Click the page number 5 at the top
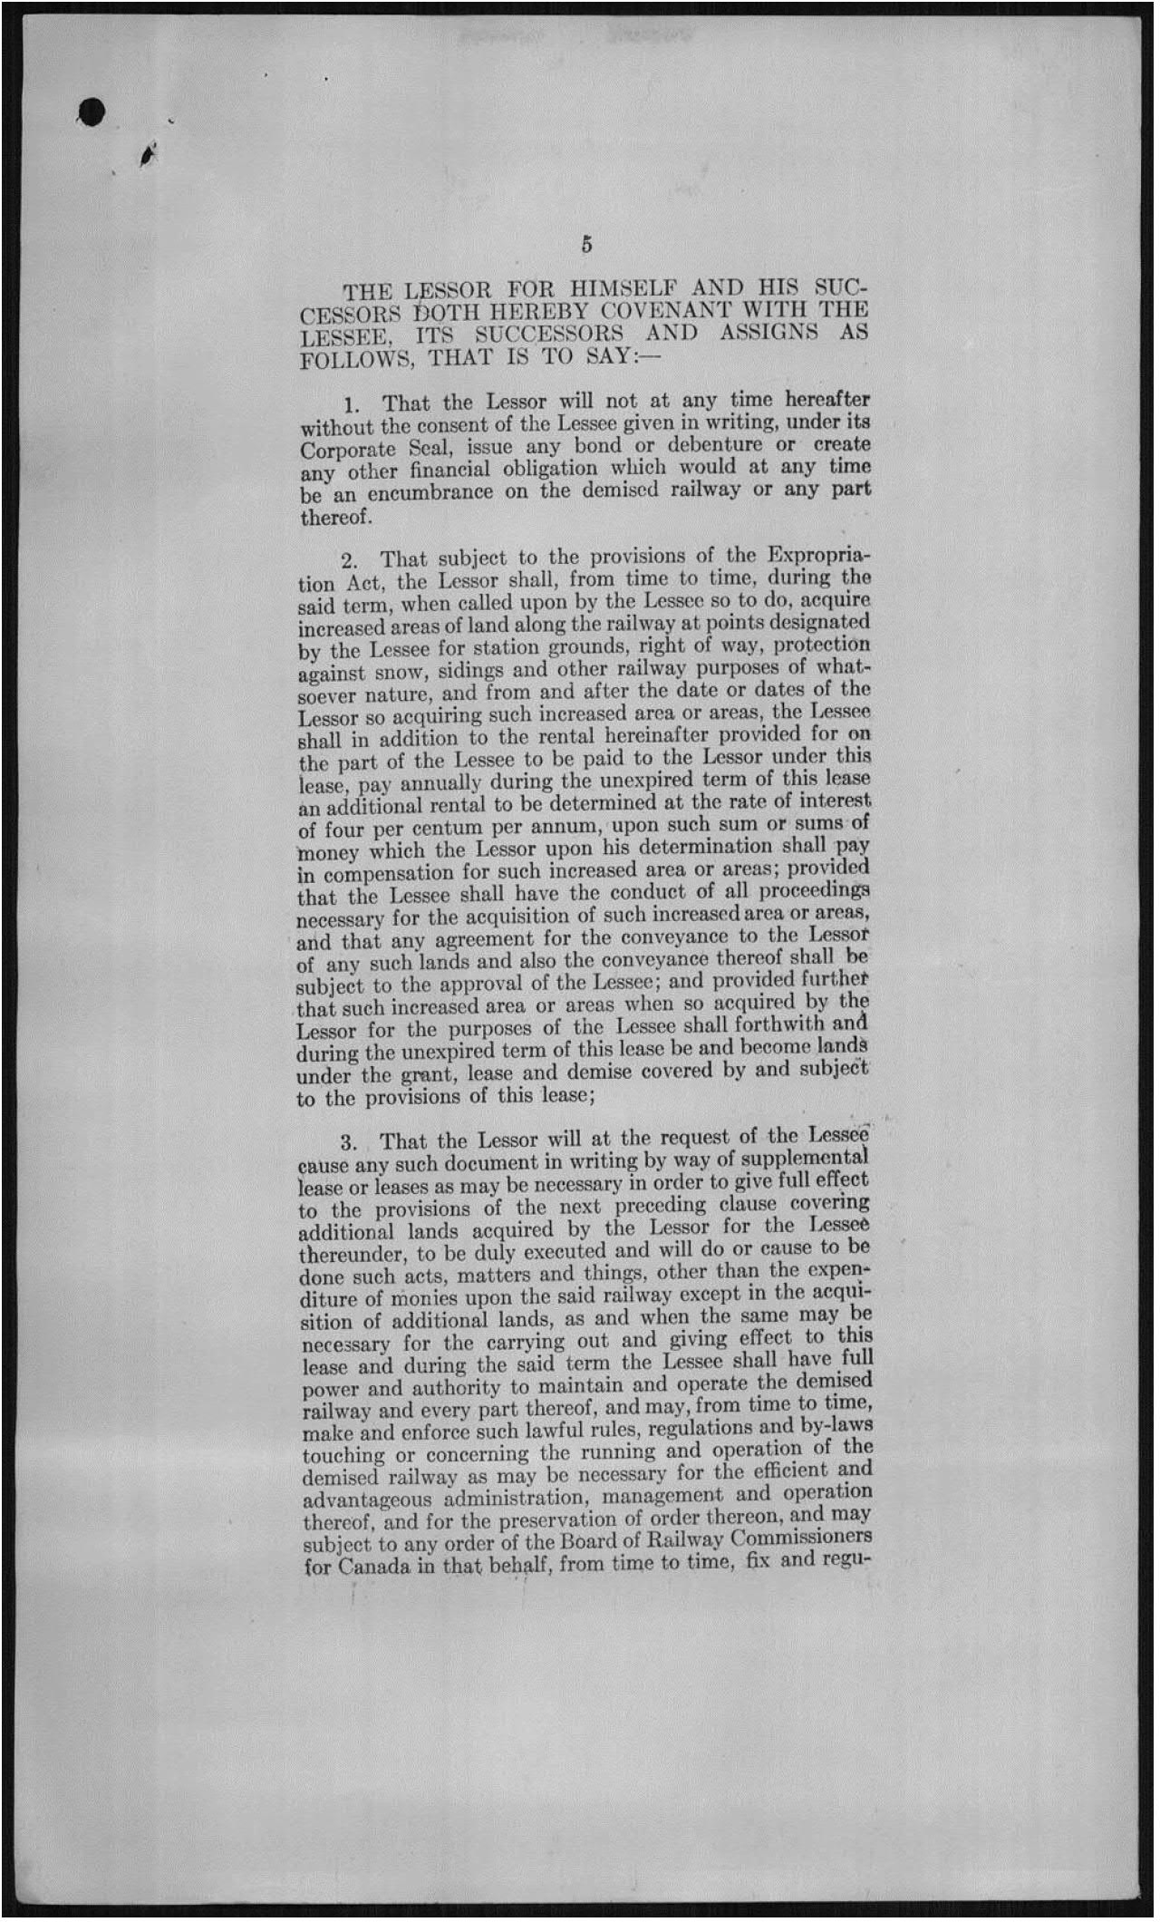586,244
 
